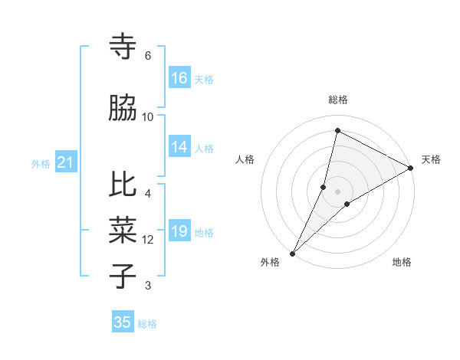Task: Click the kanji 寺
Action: pos(123,47)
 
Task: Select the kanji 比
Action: pos(123,185)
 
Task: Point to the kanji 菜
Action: pos(123,229)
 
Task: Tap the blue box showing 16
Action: pos(179,78)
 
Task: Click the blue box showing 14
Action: pos(179,147)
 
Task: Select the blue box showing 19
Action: pos(179,231)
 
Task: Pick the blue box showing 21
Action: pos(65,162)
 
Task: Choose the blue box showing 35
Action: pos(123,322)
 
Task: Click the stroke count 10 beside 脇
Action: pos(148,116)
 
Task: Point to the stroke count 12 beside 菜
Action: pos(148,240)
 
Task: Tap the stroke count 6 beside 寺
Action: pos(148,55)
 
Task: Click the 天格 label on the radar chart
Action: pos(431,159)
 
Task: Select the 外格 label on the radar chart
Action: pos(270,262)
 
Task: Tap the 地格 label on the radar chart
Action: pos(402,262)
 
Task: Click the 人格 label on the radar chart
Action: pos(245,159)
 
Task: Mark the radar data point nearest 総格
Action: pos(337,130)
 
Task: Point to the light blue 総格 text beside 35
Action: pos(147,324)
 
